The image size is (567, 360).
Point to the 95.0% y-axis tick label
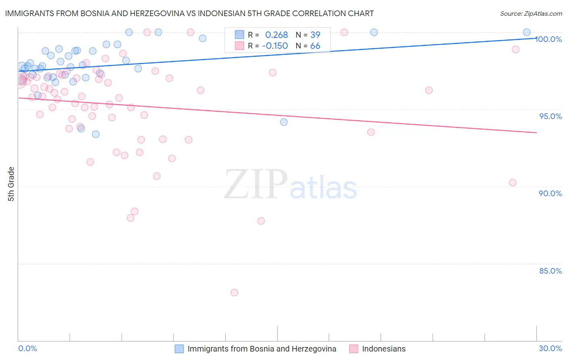(550, 116)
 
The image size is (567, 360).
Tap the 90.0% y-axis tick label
(550, 193)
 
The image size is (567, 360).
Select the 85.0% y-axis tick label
(550, 271)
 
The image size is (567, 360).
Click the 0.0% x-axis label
(27, 348)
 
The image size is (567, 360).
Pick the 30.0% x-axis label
(550, 348)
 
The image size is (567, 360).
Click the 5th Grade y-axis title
(11, 184)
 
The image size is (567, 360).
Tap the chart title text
(189, 13)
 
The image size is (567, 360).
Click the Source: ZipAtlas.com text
(531, 13)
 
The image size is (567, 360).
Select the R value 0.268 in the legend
(276, 35)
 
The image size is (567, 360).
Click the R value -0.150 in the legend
(275, 46)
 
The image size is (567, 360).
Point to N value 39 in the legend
(315, 35)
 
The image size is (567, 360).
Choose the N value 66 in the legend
(315, 46)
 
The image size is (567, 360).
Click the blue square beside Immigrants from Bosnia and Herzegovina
(179, 349)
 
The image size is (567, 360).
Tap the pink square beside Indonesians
(354, 349)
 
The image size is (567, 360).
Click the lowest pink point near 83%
(234, 293)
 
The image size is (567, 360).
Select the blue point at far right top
(527, 32)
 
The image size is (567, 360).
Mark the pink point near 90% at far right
(513, 182)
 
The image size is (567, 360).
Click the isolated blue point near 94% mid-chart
(284, 122)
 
